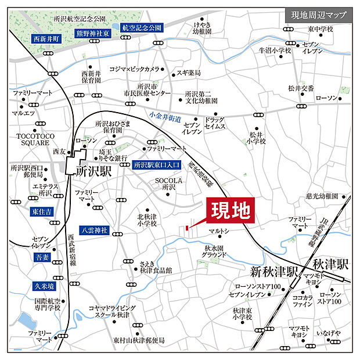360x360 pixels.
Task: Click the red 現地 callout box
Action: click(x=229, y=210)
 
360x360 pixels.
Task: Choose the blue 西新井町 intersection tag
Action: click(x=46, y=39)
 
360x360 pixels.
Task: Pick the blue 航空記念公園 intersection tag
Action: click(x=142, y=27)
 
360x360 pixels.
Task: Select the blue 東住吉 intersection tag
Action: click(x=41, y=212)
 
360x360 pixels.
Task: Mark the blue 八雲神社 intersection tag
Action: click(x=93, y=230)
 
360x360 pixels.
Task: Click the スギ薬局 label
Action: click(x=189, y=73)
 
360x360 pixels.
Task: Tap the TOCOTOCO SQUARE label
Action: click(x=31, y=139)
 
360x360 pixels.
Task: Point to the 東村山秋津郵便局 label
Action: click(x=139, y=340)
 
